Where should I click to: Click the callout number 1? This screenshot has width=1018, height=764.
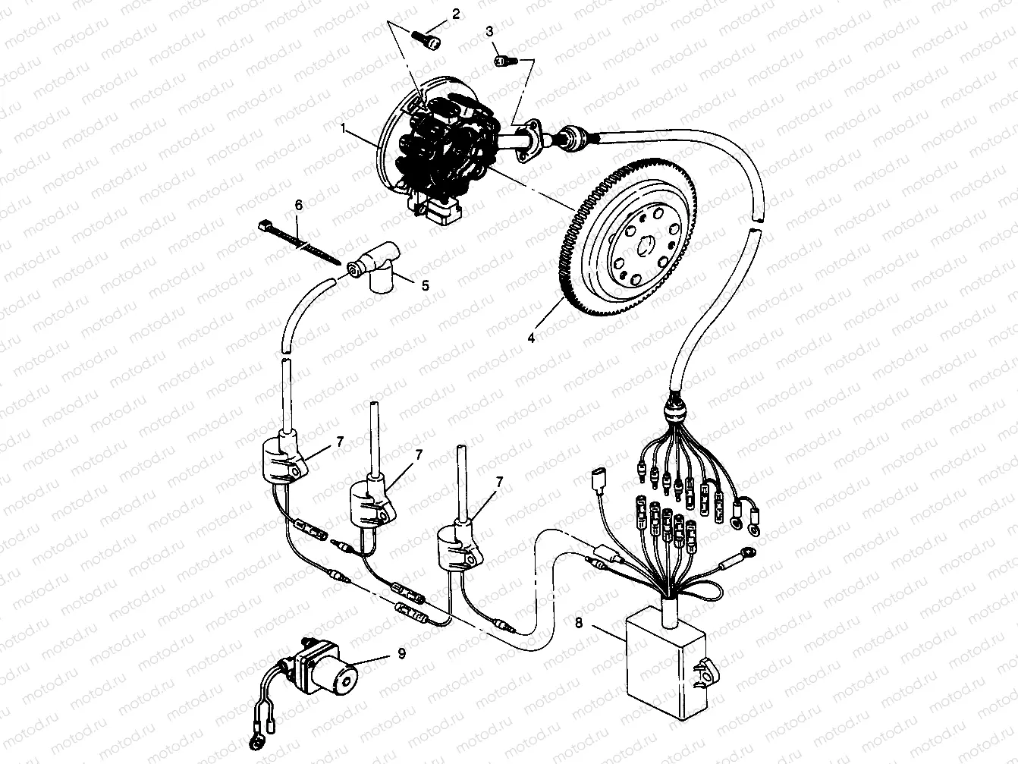(x=364, y=130)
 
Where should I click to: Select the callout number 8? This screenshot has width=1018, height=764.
(x=579, y=625)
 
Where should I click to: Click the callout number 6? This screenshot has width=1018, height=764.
(x=297, y=206)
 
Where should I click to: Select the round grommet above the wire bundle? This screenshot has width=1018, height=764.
(x=674, y=413)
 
